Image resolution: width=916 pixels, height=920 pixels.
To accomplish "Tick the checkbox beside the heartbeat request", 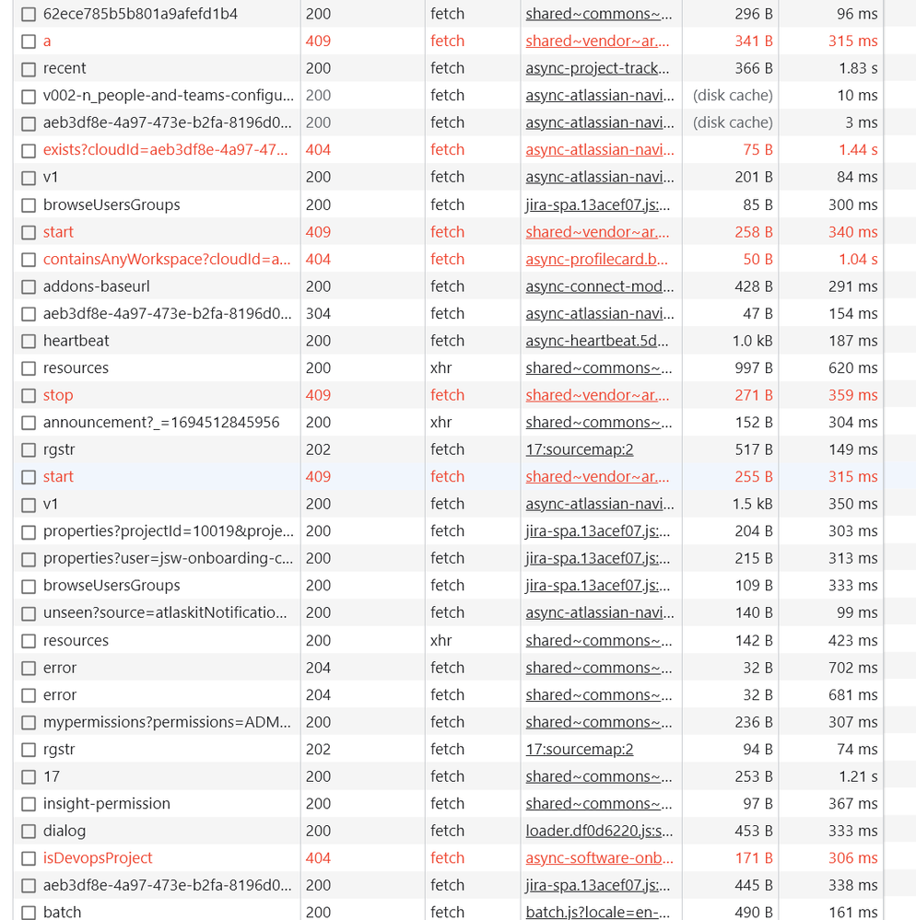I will pos(29,342).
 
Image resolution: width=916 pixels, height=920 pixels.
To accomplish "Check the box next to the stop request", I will pos(29,396).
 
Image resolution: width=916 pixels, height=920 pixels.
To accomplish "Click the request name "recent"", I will pos(65,68).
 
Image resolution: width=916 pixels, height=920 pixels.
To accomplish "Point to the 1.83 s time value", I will pos(858,68).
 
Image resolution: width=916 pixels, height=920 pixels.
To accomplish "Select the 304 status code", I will pos(318,313).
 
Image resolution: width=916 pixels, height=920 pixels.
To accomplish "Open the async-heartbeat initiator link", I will pos(597,341).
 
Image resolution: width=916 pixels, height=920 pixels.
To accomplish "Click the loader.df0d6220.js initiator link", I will pos(597,831).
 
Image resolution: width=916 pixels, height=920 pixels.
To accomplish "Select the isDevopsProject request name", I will pos(98,857).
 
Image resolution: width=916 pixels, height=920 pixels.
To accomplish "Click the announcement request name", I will pos(161,422).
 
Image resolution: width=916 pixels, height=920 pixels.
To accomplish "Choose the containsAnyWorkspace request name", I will pos(167,259).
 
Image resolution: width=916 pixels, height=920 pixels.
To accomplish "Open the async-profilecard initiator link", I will pos(597,259).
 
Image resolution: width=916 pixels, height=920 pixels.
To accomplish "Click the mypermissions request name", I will pos(167,722).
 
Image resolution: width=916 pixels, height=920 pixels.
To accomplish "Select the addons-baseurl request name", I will pos(96,286).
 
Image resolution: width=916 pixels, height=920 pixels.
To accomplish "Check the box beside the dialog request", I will pos(29,832).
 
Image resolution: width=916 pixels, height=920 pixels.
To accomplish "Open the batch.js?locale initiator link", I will pos(598,912).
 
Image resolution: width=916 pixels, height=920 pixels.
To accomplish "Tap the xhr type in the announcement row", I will pos(441,422).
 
